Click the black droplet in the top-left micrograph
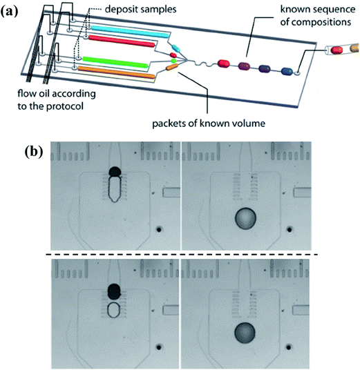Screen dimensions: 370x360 click(x=115, y=171)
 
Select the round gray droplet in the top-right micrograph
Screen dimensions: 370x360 click(x=247, y=220)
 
